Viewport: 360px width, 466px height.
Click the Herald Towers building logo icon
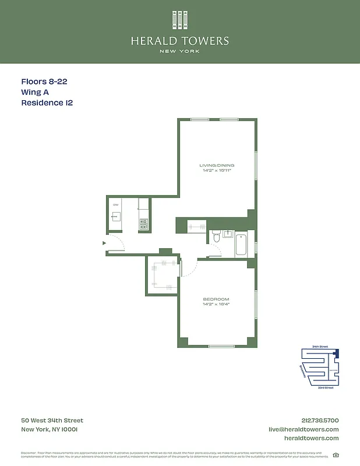click(180, 20)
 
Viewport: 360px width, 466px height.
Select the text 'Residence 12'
click(47, 103)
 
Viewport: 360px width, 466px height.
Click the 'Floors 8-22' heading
click(44, 82)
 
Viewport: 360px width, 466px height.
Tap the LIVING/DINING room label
click(217, 165)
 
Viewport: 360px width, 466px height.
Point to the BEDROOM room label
click(216, 299)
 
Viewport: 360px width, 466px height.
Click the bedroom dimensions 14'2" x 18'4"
click(216, 304)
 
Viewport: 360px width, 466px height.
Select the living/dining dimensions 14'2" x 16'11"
click(217, 171)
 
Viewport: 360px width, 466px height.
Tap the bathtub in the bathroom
click(241, 244)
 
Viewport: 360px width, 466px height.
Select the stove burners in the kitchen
click(144, 223)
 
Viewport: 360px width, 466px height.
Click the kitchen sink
click(116, 217)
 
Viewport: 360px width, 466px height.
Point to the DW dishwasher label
click(116, 205)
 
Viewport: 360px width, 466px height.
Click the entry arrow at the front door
click(104, 243)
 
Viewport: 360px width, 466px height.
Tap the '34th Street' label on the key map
click(320, 347)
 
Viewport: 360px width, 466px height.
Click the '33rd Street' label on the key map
click(325, 387)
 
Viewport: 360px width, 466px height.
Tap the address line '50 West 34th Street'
click(52, 421)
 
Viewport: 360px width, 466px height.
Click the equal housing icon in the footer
click(336, 455)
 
